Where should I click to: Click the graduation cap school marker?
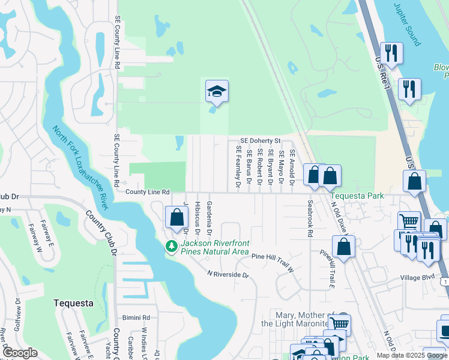click(x=217, y=91)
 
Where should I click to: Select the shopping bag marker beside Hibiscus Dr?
click(x=176, y=217)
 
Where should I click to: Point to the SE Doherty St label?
click(x=261, y=140)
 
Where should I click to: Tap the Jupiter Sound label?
click(x=408, y=23)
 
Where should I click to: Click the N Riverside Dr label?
click(x=228, y=274)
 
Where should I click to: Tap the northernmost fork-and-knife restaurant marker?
click(x=391, y=53)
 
